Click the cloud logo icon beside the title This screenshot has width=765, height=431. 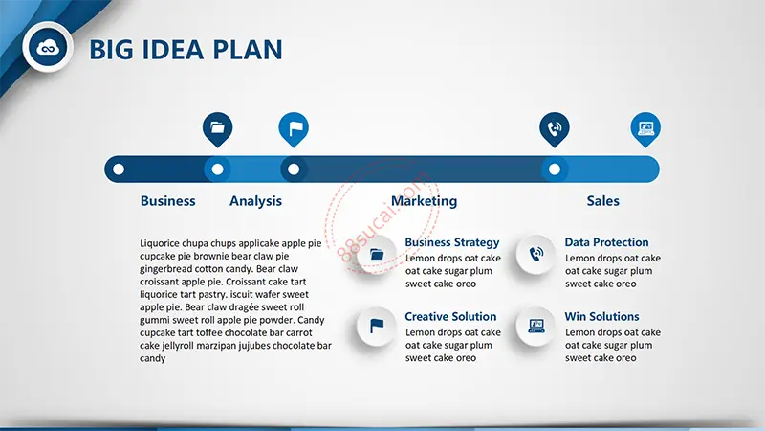pos(47,47)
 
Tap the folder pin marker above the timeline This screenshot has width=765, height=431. pos(218,129)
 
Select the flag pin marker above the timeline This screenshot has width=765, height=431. pos(294,129)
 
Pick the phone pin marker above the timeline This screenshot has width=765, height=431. pos(555,129)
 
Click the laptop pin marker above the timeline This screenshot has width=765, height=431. pos(645,129)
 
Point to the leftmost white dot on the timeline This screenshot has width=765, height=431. pos(119,170)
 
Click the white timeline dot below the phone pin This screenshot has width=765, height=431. pos(555,170)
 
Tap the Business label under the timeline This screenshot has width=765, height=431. pos(168,201)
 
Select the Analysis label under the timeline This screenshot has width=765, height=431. pos(255,201)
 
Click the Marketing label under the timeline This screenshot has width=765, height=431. pos(424,201)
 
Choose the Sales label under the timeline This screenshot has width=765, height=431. pos(603,201)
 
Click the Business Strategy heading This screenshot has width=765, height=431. pos(452,242)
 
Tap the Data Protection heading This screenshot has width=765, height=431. pos(606,242)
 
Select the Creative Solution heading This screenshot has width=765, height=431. pos(450,317)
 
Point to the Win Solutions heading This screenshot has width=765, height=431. pos(601,317)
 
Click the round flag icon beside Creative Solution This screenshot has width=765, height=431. pos(376,326)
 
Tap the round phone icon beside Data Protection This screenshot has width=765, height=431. pos(535,254)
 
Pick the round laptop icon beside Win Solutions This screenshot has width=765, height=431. pos(535,326)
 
